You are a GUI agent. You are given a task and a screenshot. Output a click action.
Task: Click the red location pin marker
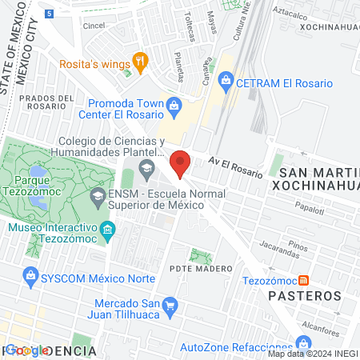click(181, 165)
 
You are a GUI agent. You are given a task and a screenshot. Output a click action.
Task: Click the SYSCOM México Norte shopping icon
click(30, 277)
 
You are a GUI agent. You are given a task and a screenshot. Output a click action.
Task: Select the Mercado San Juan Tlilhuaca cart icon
click(169, 304)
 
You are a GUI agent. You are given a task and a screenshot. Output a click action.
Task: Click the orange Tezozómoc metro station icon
click(303, 280)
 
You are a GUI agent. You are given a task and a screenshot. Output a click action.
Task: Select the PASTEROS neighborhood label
click(309, 295)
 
